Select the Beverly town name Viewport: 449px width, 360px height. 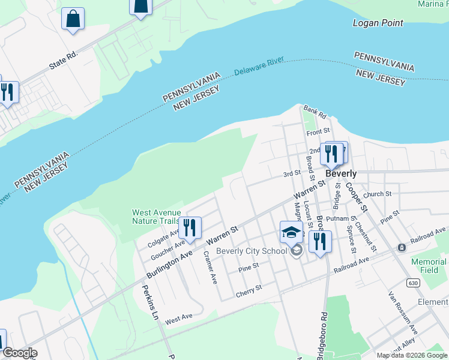pyautogui.click(x=341, y=173)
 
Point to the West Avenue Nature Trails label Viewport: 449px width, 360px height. pyautogui.click(x=155, y=217)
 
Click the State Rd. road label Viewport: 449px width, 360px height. pyautogui.click(x=64, y=60)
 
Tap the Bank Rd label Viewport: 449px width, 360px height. pyautogui.click(x=315, y=112)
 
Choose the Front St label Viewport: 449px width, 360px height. pyautogui.click(x=318, y=131)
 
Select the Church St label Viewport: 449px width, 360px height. pyautogui.click(x=377, y=194)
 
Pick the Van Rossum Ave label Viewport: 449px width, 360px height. pyautogui.click(x=403, y=312)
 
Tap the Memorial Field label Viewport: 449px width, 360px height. pyautogui.click(x=429, y=266)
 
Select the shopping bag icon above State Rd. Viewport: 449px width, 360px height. pyautogui.click(x=73, y=18)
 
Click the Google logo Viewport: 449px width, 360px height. pyautogui.click(x=19, y=353)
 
